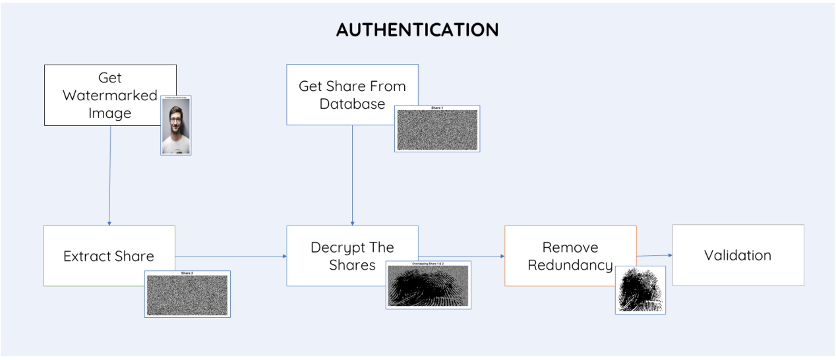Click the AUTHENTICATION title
tap(417, 30)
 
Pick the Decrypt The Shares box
tap(343, 247)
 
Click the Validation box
tap(738, 255)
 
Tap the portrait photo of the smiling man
tap(176, 125)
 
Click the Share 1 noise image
tap(437, 129)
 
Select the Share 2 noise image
tap(187, 294)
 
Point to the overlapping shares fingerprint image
tap(429, 285)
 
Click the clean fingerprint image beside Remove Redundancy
tap(640, 290)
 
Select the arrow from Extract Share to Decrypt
tap(231, 256)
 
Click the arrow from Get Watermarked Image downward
tap(110, 175)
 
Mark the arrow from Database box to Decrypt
tap(352, 175)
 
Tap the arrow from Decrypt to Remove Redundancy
tap(462, 256)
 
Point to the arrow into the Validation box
tap(655, 256)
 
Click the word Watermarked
tap(110, 96)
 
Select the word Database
tap(352, 104)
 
